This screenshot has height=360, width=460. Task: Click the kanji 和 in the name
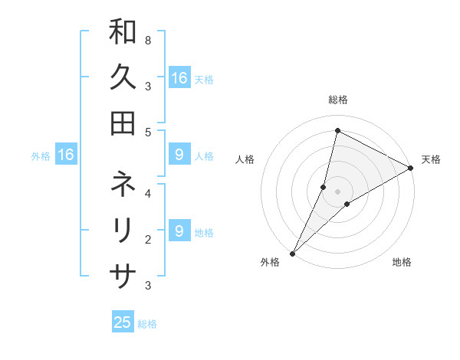(123, 33)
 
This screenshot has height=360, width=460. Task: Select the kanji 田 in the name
(123, 123)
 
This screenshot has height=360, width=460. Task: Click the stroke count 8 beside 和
(147, 40)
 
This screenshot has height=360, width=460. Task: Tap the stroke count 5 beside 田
(147, 132)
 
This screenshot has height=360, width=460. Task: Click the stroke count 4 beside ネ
(147, 194)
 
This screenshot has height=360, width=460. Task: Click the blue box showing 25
(123, 322)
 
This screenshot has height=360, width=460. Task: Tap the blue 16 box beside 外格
(66, 155)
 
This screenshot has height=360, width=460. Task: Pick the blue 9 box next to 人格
(179, 155)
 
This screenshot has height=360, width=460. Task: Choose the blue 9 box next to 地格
(179, 231)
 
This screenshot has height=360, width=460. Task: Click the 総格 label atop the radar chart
(337, 100)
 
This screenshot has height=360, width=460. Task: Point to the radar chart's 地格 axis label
(402, 262)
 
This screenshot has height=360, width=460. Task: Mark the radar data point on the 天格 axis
(411, 169)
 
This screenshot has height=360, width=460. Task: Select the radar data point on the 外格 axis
(292, 253)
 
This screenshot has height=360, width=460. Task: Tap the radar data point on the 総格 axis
(337, 130)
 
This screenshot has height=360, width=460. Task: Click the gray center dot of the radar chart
(337, 191)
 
